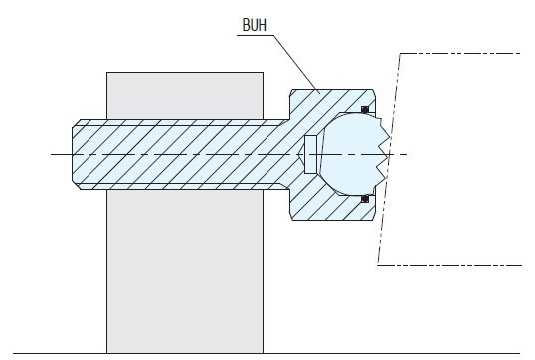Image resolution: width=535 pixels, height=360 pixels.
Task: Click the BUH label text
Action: pos(255,25)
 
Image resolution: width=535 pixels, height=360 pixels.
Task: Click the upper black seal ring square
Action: pos(365,109)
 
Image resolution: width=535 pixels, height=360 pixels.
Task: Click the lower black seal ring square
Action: pos(365,199)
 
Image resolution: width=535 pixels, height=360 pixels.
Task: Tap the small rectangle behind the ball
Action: pos(311,154)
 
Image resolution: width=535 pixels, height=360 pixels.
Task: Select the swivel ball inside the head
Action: pos(353,154)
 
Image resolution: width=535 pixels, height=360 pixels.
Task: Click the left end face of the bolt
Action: pos(73,154)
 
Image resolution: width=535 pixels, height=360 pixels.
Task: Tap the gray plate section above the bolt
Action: pos(185,95)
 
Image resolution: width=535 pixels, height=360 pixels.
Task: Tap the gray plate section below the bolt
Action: pos(185,271)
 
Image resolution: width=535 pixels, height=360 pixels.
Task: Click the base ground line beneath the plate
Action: pos(267,354)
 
